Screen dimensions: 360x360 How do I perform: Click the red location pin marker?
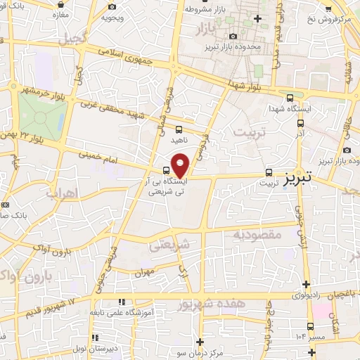(x=180, y=165)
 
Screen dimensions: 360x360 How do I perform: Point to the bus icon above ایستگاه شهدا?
(x=290, y=98)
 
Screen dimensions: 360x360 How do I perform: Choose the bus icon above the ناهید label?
(x=179, y=129)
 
